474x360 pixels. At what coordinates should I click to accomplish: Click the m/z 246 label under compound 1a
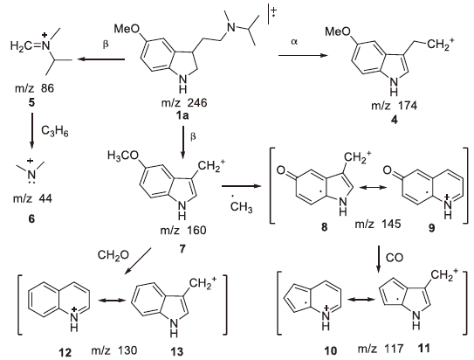(184, 103)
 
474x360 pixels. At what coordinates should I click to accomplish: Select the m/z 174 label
(395, 106)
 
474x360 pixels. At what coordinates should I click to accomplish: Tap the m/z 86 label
(34, 88)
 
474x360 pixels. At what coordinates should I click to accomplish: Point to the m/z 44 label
(32, 198)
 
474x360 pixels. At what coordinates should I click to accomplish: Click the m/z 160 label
(183, 230)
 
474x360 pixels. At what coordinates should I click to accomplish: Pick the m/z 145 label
(378, 224)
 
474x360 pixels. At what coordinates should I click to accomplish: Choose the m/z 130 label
(114, 350)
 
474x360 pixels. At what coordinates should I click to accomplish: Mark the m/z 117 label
(381, 349)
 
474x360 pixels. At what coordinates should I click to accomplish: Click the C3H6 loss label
(55, 132)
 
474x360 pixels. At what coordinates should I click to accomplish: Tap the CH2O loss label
(113, 255)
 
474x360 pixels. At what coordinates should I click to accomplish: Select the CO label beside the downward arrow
(395, 257)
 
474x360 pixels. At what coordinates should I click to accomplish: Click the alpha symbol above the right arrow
(294, 41)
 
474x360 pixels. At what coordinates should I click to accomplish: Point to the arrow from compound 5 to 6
(32, 131)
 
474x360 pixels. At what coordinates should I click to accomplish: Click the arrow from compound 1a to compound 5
(101, 59)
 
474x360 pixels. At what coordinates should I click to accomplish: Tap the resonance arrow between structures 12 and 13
(112, 300)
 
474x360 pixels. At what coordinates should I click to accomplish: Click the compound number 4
(395, 120)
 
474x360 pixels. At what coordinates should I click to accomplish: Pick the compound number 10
(331, 350)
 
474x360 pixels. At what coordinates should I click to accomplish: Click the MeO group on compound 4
(337, 31)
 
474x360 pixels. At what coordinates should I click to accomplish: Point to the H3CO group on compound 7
(123, 156)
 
